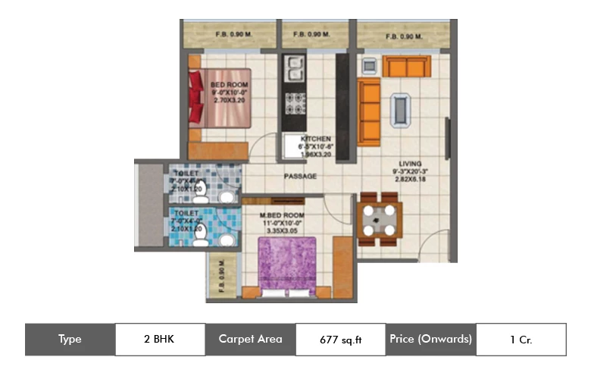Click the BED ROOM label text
coord(226,84)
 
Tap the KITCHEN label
coord(316,139)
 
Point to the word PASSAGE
coord(300,177)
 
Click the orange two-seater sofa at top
coord(406,67)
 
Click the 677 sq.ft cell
coord(340,340)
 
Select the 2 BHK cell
coord(160,340)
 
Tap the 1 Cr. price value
coord(521,340)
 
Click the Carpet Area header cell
coord(250,340)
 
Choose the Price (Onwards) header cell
coord(430,340)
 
